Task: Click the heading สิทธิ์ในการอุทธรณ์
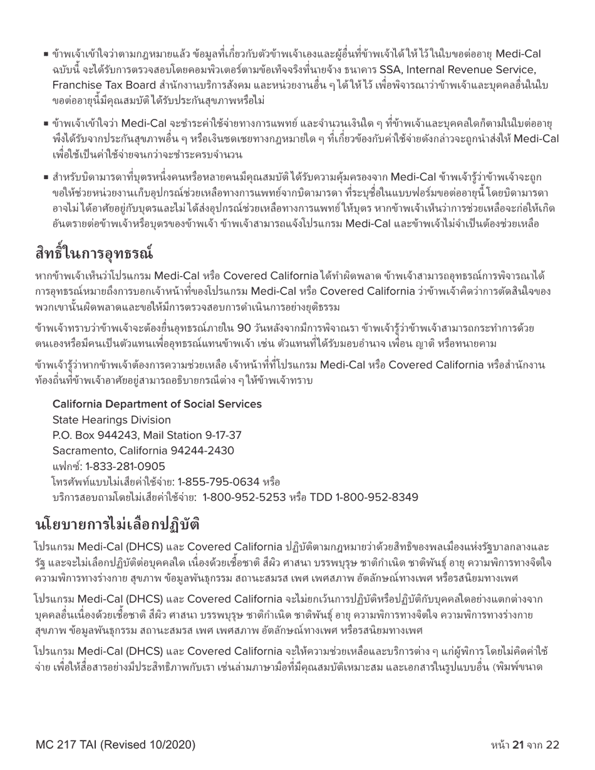(x=94, y=254)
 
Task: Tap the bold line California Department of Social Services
(x=157, y=404)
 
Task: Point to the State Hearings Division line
(x=111, y=419)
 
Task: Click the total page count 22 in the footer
(x=552, y=744)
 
